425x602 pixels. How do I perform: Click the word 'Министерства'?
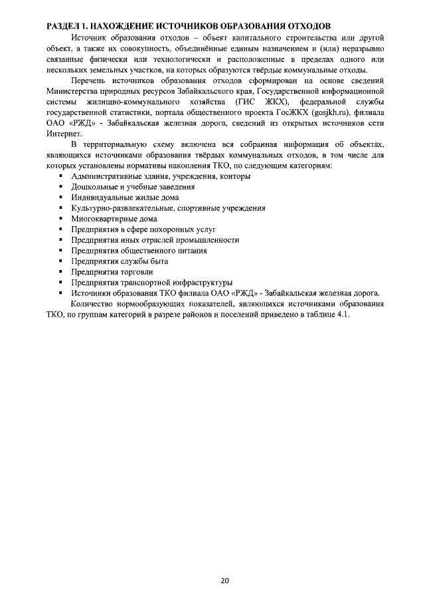pyautogui.click(x=70, y=90)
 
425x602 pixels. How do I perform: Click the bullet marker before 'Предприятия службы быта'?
pyautogui.click(x=60, y=261)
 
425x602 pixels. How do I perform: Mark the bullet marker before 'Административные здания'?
pyautogui.click(x=60, y=176)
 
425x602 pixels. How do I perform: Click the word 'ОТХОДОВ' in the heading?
pyautogui.click(x=302, y=25)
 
